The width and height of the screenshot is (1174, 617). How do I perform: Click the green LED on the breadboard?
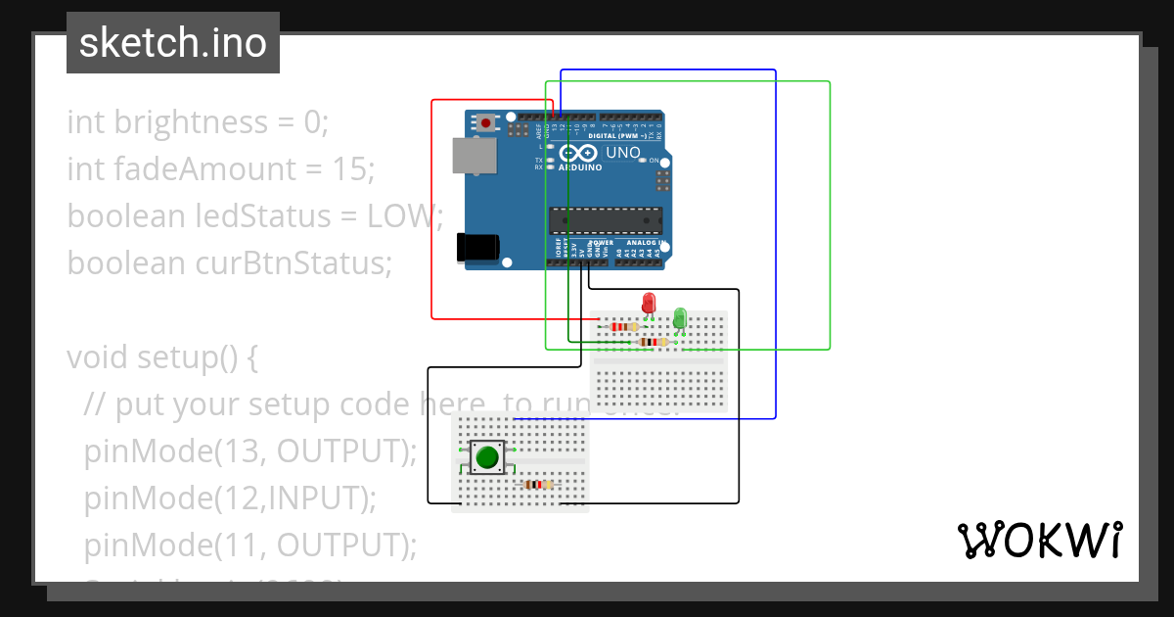point(680,317)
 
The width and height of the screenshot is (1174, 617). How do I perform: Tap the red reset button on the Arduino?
point(485,122)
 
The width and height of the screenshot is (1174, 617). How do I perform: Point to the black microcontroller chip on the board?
point(605,220)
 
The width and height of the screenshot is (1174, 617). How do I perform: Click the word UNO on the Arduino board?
point(623,153)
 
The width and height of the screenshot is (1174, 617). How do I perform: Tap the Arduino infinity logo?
point(579,154)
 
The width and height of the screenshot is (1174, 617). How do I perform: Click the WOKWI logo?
point(1038,540)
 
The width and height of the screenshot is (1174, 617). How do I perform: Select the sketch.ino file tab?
point(173,43)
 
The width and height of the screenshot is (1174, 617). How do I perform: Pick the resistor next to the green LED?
point(652,342)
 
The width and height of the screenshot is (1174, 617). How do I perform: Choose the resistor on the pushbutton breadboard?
point(537,484)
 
